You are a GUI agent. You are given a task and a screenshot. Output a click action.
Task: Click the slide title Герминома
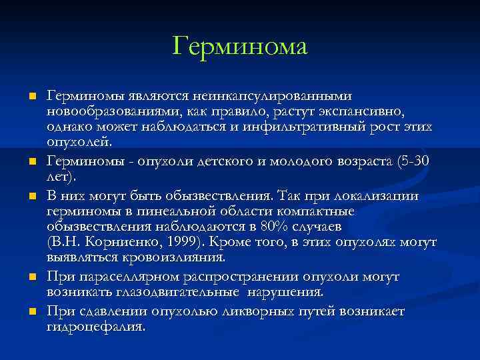(x=239, y=46)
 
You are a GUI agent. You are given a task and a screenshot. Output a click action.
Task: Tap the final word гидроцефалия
(x=96, y=327)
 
